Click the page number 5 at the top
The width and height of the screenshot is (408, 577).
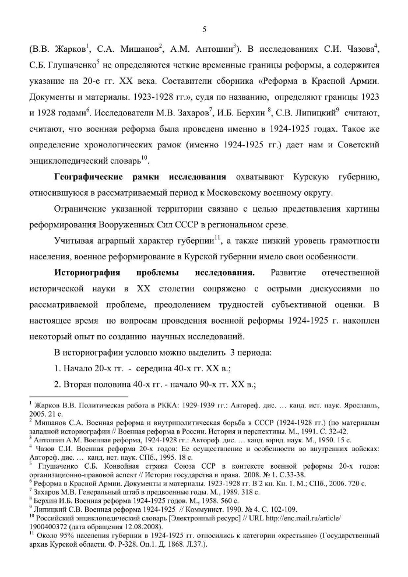(204, 30)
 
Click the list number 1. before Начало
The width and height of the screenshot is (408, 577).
(58, 368)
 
